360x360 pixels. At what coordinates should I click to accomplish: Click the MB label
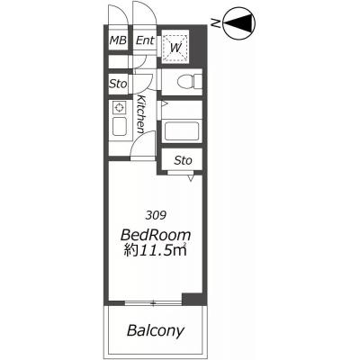pyautogui.click(x=118, y=40)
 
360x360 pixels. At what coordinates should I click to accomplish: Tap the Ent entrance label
pyautogui.click(x=145, y=40)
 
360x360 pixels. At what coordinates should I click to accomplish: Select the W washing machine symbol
pyautogui.click(x=175, y=47)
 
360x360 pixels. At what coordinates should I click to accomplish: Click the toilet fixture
pyautogui.click(x=190, y=82)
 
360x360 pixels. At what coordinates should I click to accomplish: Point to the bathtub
pyautogui.click(x=182, y=130)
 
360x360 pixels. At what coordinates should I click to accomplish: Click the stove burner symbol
pyautogui.click(x=119, y=107)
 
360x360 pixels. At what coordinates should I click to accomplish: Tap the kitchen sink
pyautogui.click(x=119, y=126)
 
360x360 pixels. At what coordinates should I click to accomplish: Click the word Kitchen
pyautogui.click(x=141, y=114)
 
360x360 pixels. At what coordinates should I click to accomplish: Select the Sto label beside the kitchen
pyautogui.click(x=118, y=84)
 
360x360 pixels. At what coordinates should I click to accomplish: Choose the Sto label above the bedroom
pyautogui.click(x=183, y=160)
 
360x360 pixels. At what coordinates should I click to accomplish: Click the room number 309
pyautogui.click(x=156, y=215)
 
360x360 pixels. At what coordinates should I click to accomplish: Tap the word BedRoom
pyautogui.click(x=156, y=235)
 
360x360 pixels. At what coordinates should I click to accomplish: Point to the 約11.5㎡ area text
pyautogui.click(x=156, y=251)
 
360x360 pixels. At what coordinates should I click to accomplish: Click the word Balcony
pyautogui.click(x=155, y=330)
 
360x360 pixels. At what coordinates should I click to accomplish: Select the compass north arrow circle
pyautogui.click(x=240, y=22)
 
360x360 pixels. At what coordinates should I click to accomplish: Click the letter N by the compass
pyautogui.click(x=215, y=22)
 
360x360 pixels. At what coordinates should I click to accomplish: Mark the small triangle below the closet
pyautogui.click(x=191, y=178)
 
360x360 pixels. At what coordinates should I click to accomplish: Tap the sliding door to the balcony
pyautogui.click(x=153, y=303)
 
